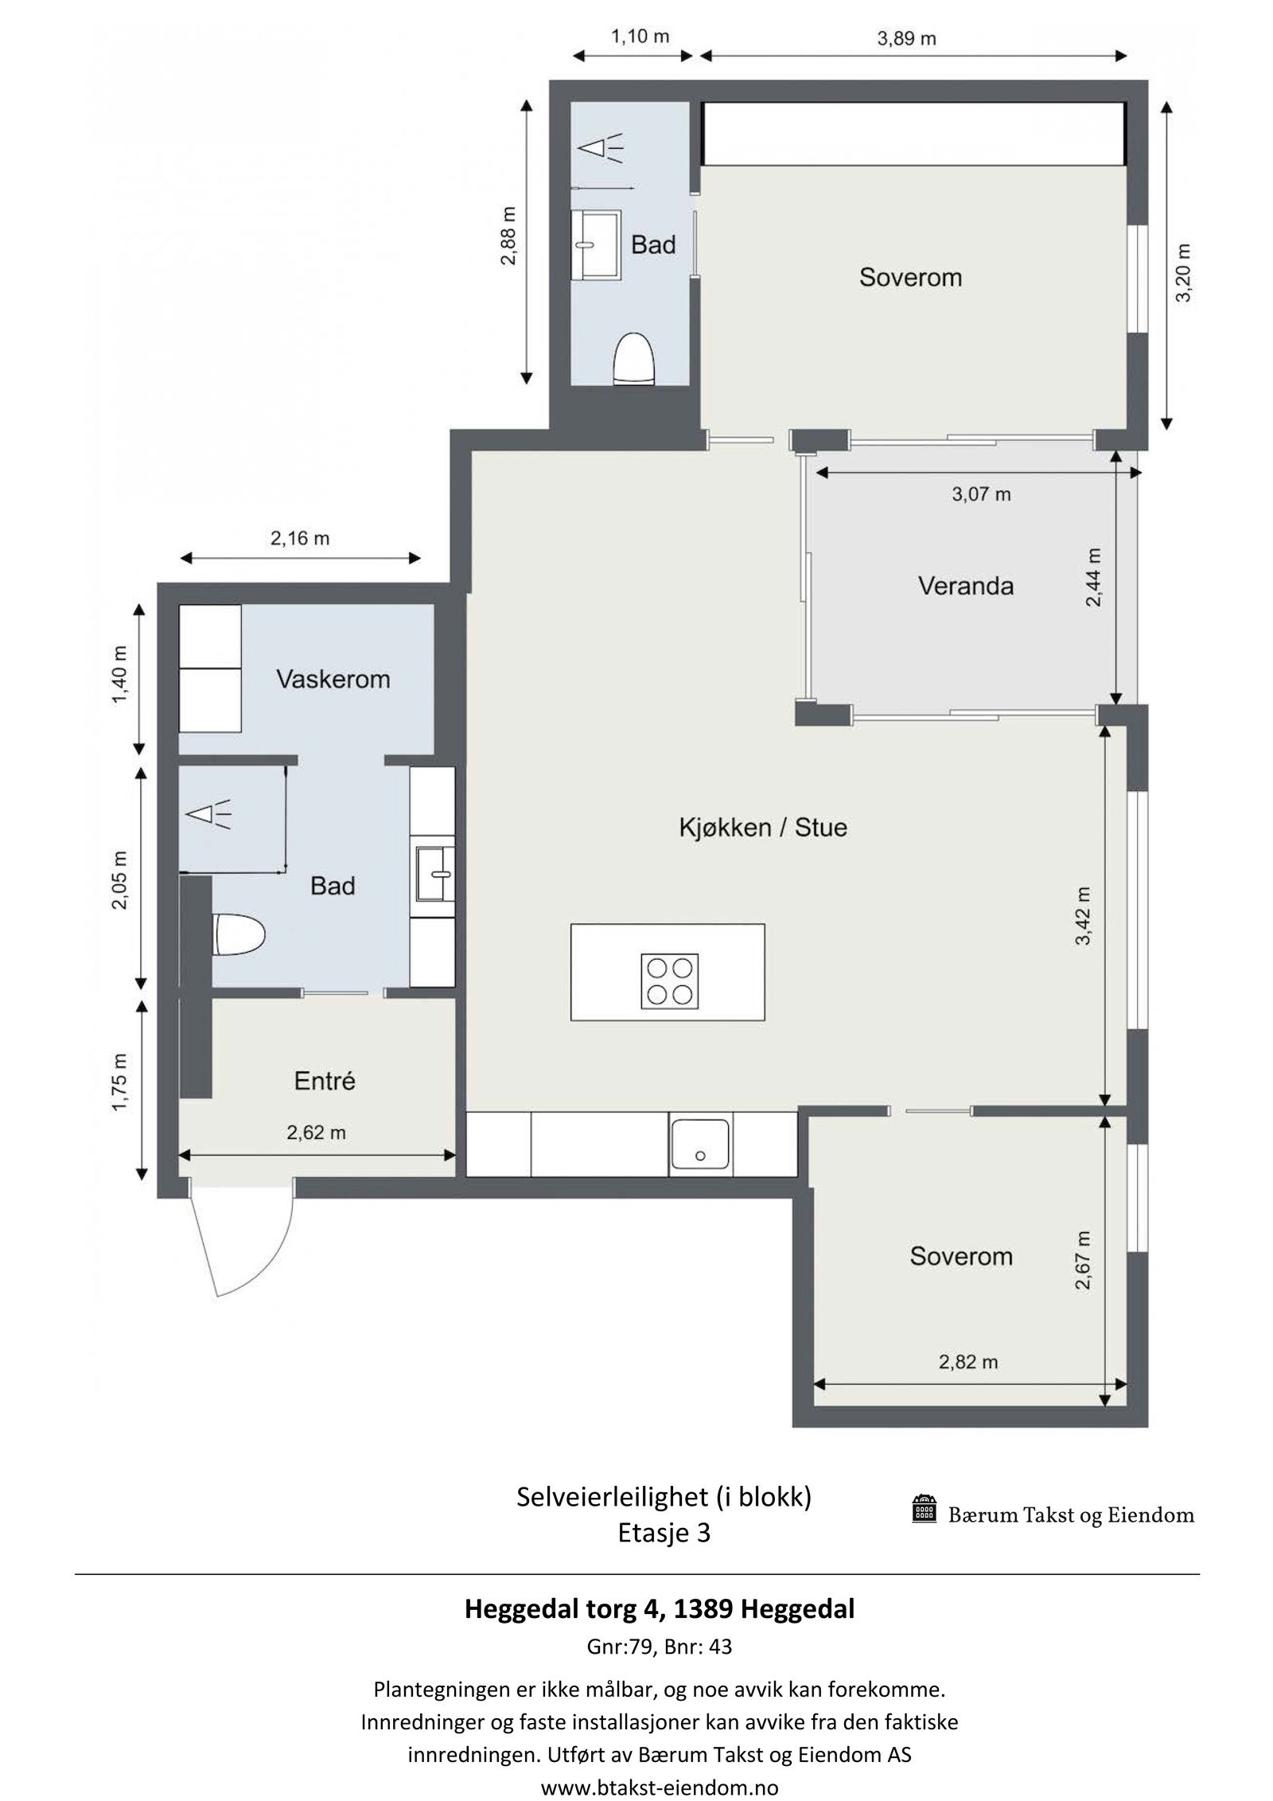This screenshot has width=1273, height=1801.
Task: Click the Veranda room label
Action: [x=965, y=587]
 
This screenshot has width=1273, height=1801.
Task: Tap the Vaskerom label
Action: [x=333, y=679]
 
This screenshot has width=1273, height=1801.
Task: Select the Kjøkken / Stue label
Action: [x=762, y=828]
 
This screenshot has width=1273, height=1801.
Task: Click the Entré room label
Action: [x=325, y=1081]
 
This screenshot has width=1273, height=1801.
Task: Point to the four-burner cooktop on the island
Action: [x=669, y=980]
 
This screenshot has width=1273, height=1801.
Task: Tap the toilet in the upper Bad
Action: [x=633, y=359]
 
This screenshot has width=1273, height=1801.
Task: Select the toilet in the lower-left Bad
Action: [x=239, y=935]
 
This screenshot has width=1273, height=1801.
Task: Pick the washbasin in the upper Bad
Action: [x=597, y=245]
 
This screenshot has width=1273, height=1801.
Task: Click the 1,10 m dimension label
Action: [x=640, y=36]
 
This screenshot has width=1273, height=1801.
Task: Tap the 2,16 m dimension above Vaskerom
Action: [x=299, y=539]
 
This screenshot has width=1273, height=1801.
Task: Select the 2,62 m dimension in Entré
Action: [x=316, y=1132]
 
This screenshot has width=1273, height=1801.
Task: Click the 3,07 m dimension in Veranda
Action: [x=981, y=494]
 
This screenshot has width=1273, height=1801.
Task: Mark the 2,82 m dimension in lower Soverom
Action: [x=967, y=1362]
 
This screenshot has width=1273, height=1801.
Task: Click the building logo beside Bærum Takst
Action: [x=924, y=1507]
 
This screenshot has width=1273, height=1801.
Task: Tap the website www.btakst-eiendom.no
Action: [x=660, y=1787]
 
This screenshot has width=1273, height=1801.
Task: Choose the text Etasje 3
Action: [x=664, y=1533]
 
